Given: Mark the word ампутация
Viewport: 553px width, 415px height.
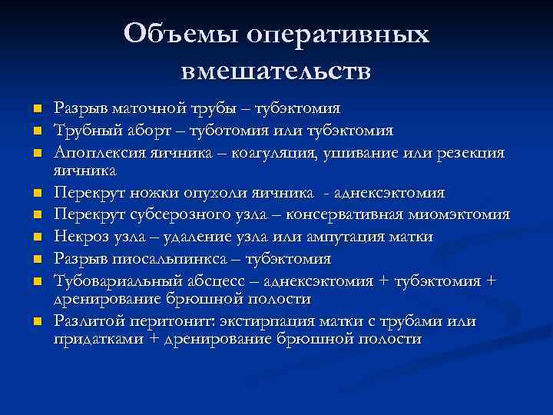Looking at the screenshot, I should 349,237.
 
